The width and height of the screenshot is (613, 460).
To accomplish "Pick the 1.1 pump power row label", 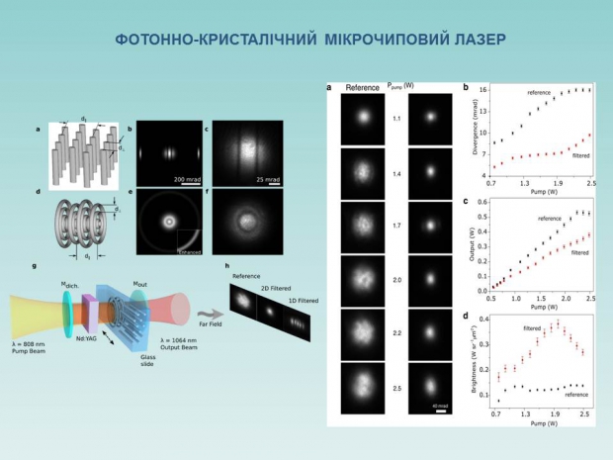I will (x=395, y=119).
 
